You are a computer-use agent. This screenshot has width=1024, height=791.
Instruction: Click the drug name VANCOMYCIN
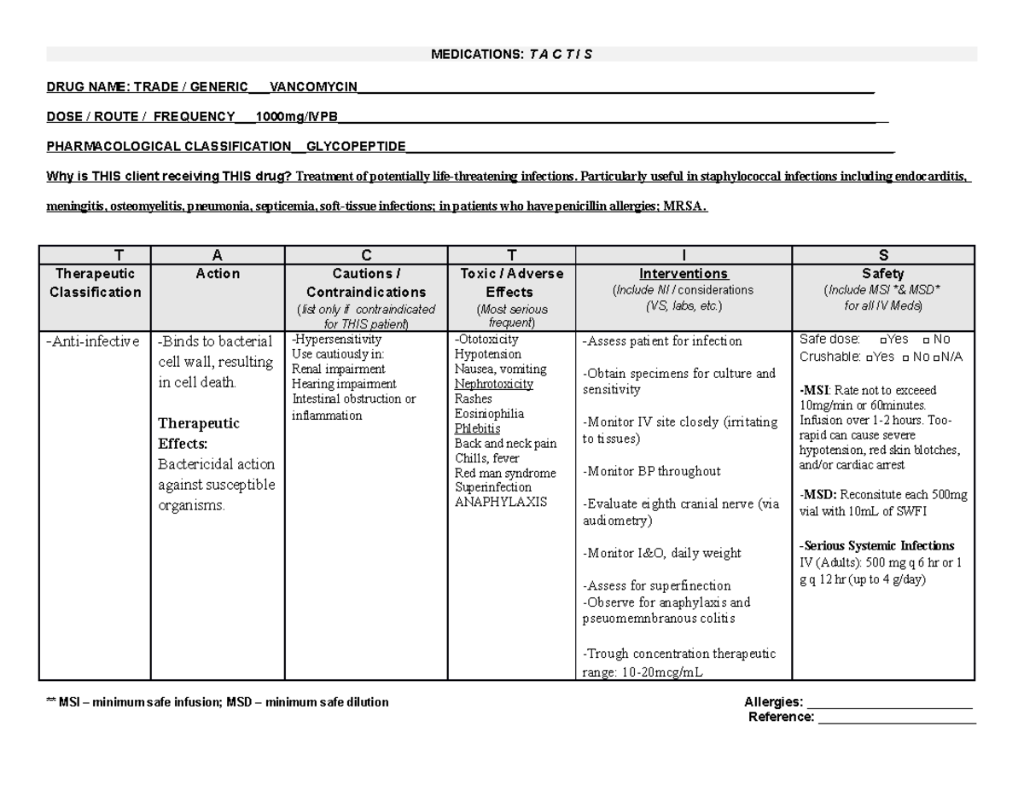pyautogui.click(x=313, y=86)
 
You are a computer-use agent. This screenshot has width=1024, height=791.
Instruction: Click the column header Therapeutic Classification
pyautogui.click(x=95, y=282)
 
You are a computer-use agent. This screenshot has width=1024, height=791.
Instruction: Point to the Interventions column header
pyautogui.click(x=684, y=274)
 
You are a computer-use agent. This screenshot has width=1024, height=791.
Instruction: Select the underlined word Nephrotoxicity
pyautogui.click(x=494, y=384)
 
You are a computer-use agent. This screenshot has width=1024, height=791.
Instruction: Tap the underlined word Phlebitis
pyautogui.click(x=478, y=428)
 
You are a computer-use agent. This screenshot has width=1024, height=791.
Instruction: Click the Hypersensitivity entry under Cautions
pyautogui.click(x=337, y=339)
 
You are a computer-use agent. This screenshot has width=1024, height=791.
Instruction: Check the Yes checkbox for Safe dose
pyautogui.click(x=881, y=340)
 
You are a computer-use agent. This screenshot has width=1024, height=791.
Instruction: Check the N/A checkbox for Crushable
pyautogui.click(x=936, y=358)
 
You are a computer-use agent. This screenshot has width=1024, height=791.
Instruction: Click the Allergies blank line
pyautogui.click(x=889, y=702)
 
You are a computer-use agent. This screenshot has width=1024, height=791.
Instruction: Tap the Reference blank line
pyautogui.click(x=897, y=718)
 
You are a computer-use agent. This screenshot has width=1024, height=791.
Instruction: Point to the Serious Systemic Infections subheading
pyautogui.click(x=877, y=546)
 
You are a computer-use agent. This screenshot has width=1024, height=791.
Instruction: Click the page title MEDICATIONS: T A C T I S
pyautogui.click(x=511, y=55)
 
